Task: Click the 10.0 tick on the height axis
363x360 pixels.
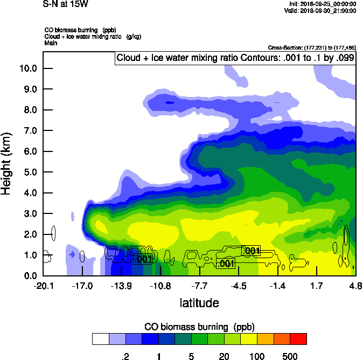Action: tap(28, 68)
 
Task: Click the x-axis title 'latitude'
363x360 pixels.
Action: tap(199, 303)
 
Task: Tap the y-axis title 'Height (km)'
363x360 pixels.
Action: tap(8, 163)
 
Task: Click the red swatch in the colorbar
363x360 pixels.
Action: tap(298, 339)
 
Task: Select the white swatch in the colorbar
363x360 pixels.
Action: tap(100, 339)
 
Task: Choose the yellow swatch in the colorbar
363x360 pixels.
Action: tap(249, 339)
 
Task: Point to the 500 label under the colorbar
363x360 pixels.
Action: tap(290, 356)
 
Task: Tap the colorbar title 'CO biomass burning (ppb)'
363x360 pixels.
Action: tap(199, 327)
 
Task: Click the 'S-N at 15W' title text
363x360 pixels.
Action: tap(65, 4)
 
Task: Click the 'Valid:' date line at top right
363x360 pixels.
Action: tap(321, 10)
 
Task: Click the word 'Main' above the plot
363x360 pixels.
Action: tap(51, 42)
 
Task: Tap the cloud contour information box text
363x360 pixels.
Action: tap(235, 58)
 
